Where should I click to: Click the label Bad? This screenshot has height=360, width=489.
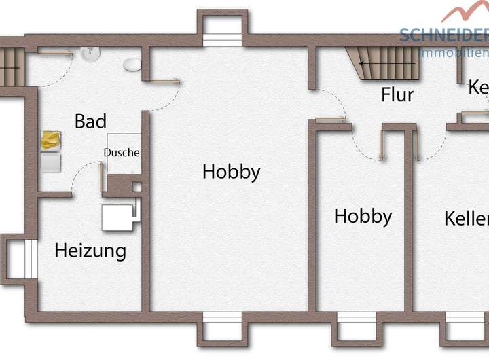[90, 122]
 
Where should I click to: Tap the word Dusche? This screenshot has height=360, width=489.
[122, 153]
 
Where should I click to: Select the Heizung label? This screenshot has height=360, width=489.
[90, 251]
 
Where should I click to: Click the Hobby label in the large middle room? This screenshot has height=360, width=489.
[231, 172]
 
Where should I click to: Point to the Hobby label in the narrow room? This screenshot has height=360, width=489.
[363, 217]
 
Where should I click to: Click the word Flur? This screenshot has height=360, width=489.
[397, 94]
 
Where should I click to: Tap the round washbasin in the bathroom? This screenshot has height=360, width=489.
[90, 53]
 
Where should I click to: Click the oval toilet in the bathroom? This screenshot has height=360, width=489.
[132, 65]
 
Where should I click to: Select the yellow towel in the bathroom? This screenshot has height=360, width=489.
[50, 141]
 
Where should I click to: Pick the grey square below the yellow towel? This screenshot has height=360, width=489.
[50, 162]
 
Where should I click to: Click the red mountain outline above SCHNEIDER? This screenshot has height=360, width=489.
[465, 12]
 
